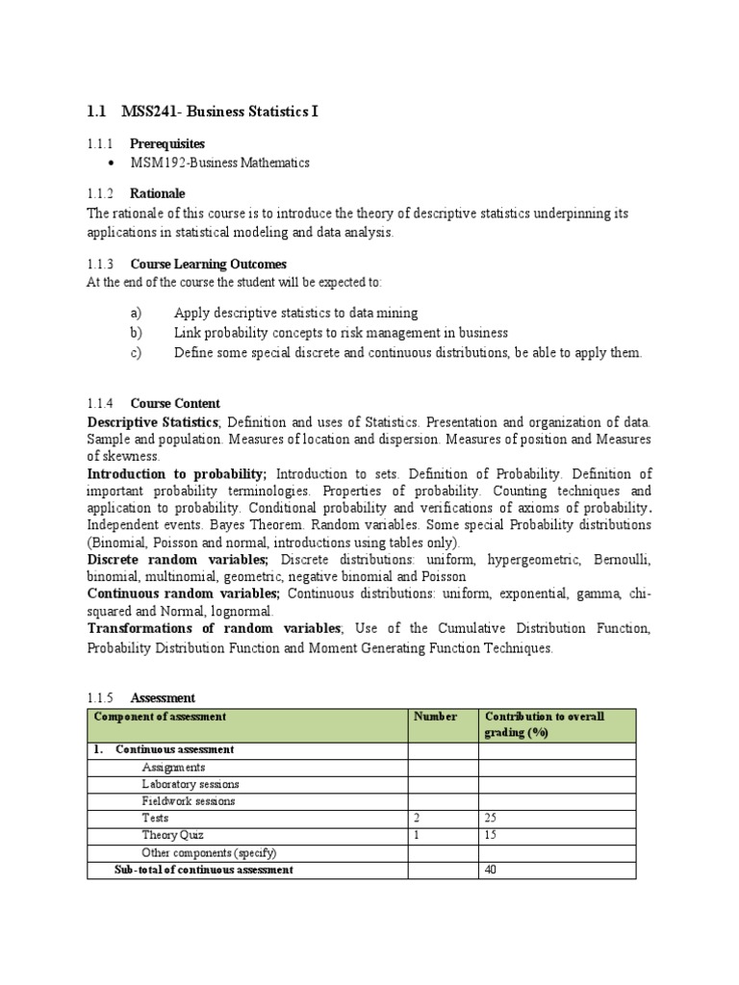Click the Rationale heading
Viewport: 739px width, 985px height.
158,193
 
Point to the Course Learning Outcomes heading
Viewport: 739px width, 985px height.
208,264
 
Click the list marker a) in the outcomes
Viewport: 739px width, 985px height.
135,313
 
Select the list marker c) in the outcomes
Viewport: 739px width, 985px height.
135,352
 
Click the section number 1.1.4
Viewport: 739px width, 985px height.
101,403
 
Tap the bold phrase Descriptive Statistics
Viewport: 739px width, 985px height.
153,422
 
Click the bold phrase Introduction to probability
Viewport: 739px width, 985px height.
177,474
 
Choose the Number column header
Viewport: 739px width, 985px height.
435,717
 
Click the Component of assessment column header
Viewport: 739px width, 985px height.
160,717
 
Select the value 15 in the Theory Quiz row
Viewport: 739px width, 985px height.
491,835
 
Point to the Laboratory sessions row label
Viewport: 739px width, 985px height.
191,784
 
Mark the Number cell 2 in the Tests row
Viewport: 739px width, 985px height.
418,818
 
